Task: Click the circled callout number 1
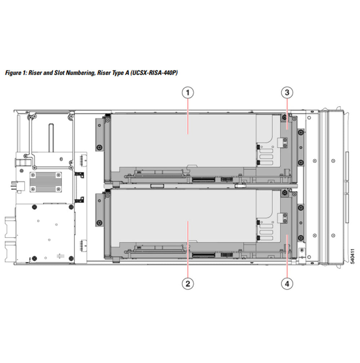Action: coord(187,93)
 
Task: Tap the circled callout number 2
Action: coord(187,283)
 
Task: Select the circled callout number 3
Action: coord(287,93)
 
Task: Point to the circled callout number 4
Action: coord(287,283)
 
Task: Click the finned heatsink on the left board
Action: coord(45,182)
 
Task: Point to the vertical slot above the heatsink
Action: coord(51,138)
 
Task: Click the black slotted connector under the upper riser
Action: coord(203,179)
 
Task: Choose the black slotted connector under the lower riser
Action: coord(203,255)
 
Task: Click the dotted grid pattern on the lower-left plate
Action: coord(60,256)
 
